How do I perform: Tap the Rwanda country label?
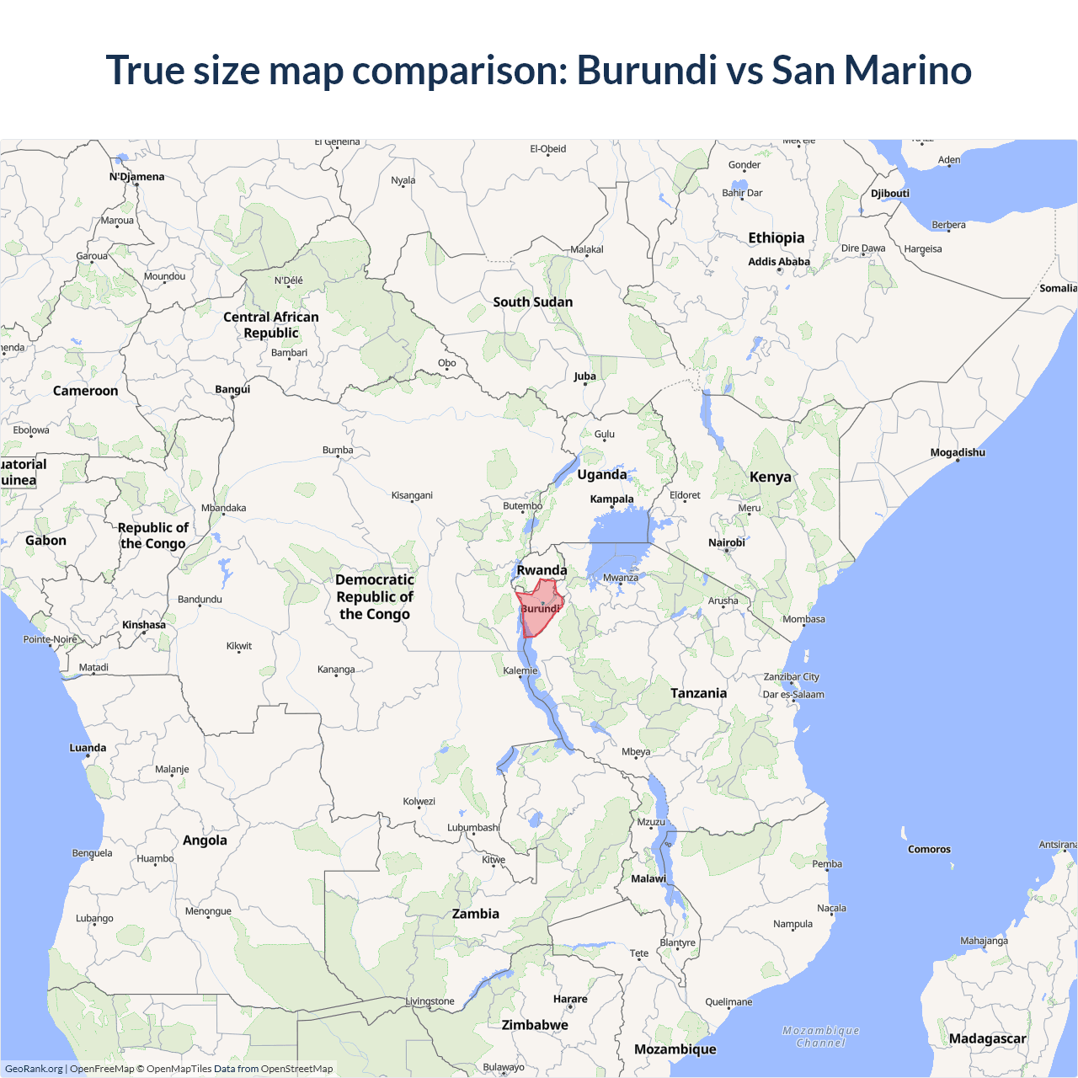click(x=542, y=570)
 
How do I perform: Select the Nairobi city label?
click(x=726, y=542)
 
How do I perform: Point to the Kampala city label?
click(x=611, y=499)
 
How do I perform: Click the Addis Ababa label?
click(x=779, y=262)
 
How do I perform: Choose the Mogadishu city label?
click(x=958, y=452)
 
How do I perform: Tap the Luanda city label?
click(x=88, y=748)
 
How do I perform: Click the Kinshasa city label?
click(x=144, y=625)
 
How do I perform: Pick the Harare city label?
click(x=570, y=999)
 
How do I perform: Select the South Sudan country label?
click(x=532, y=302)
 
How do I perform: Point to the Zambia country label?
click(x=475, y=914)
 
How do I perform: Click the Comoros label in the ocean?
click(x=929, y=849)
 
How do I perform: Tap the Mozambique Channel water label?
click(x=821, y=1037)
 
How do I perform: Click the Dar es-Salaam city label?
click(x=793, y=695)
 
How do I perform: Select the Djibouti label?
click(x=889, y=193)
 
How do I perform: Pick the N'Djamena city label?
click(x=136, y=177)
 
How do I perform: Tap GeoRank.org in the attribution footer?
click(x=34, y=1069)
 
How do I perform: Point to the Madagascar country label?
click(x=987, y=1038)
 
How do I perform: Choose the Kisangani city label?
click(x=412, y=495)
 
